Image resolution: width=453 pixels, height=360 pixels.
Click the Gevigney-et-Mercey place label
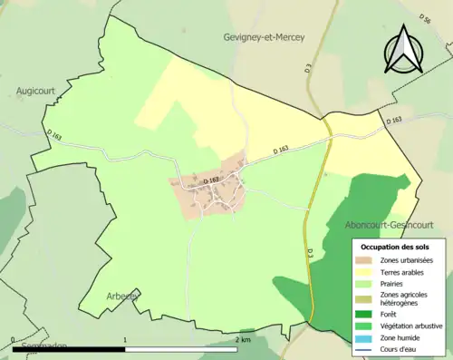point(264,37)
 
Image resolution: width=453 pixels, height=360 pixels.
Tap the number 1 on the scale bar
point(125,339)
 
